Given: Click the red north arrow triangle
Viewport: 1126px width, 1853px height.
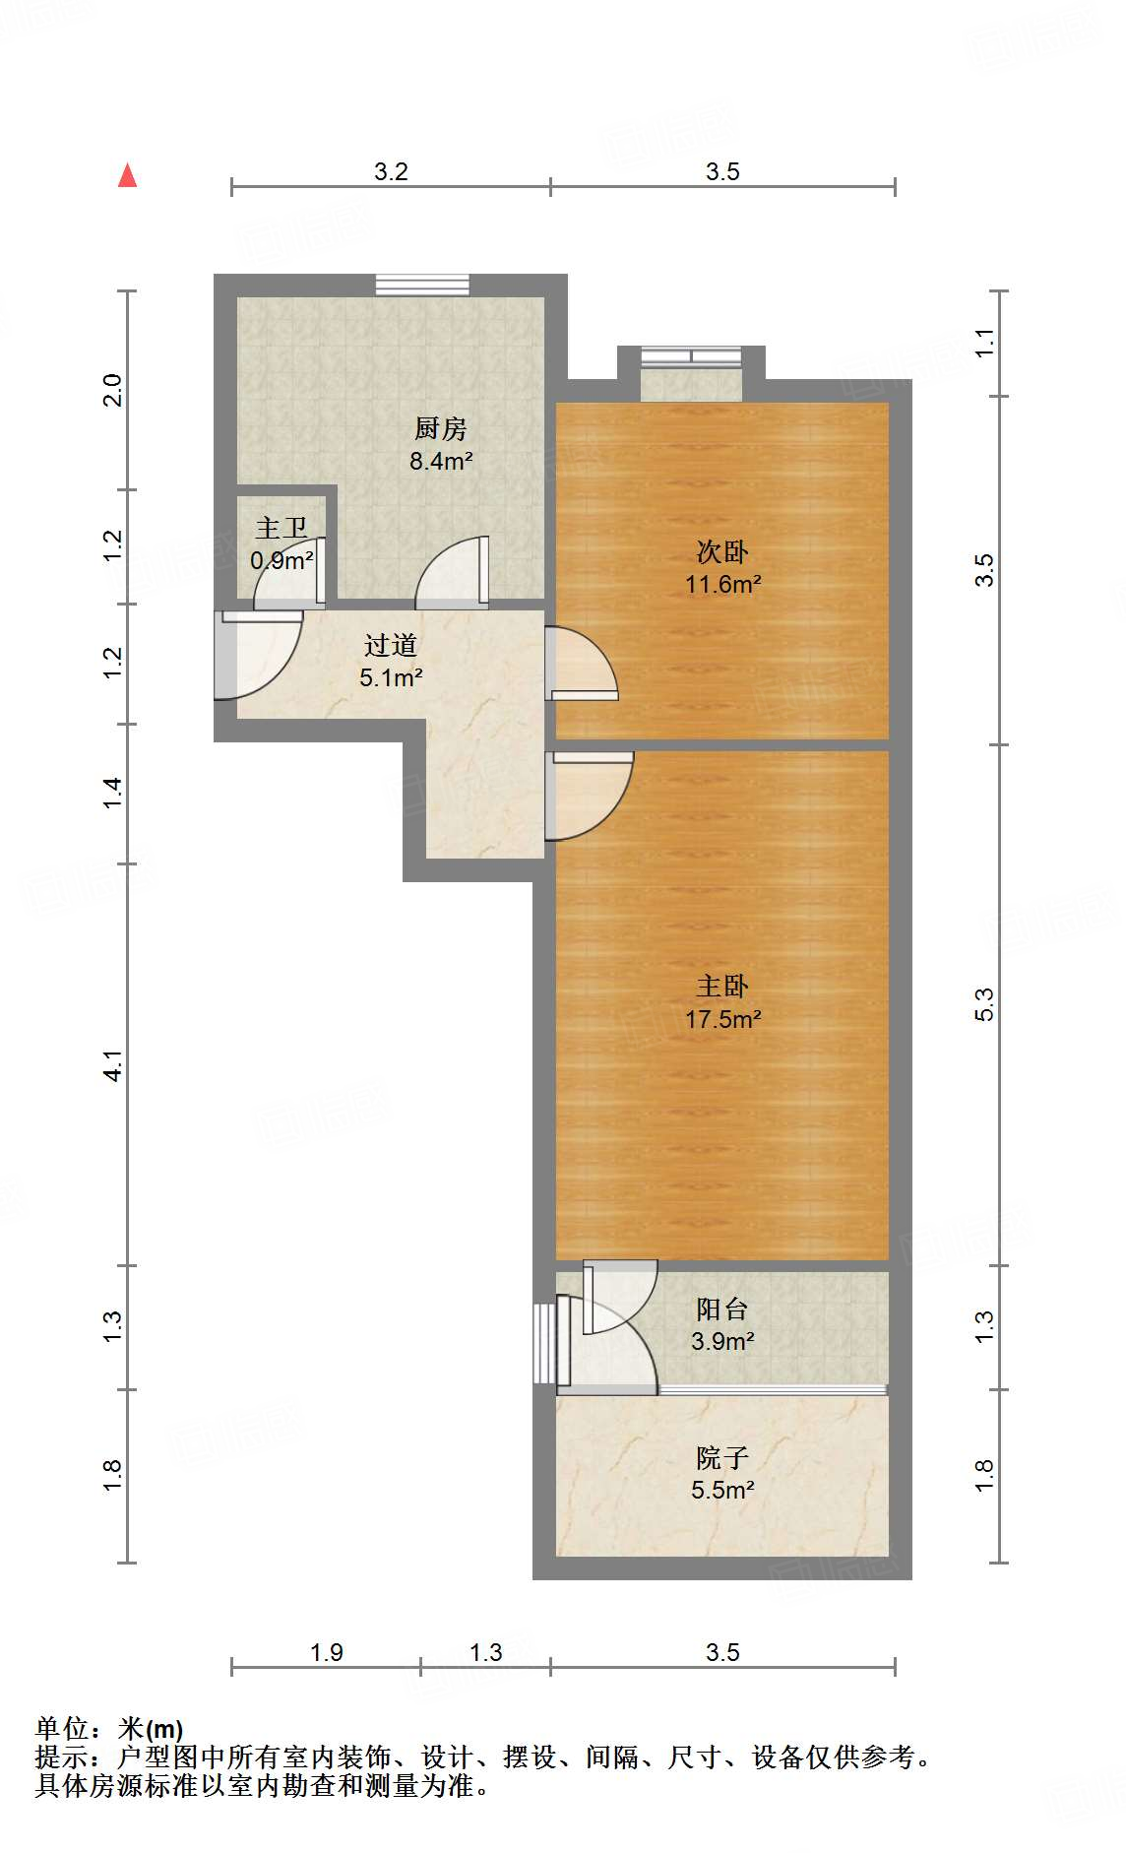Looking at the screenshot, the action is click(127, 175).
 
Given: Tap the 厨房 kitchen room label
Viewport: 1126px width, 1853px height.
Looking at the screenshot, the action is click(440, 428).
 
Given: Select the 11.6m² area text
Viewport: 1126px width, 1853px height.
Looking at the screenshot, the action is click(723, 584).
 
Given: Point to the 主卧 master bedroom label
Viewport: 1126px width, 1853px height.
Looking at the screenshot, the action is click(722, 986).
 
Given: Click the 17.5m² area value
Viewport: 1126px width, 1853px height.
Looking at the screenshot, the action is click(723, 1019).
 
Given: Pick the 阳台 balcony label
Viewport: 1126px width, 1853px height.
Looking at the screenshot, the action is click(722, 1309).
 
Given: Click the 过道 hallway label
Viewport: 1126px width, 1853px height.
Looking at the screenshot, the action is click(391, 645).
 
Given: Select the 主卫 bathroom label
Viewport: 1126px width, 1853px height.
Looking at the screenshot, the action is click(281, 528).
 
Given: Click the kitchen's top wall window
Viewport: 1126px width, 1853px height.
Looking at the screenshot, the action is click(422, 285).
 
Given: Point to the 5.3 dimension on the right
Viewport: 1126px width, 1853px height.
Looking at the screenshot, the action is click(984, 1004).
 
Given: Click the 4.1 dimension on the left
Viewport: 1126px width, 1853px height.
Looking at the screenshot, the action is click(113, 1065).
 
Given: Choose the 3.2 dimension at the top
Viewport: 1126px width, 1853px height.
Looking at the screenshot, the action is click(391, 171).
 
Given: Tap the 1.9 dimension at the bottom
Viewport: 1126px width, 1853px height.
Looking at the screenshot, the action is click(326, 1652).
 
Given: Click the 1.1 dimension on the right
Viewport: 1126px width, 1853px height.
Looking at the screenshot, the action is click(984, 343).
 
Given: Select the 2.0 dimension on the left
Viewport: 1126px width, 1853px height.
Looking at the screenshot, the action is click(113, 390).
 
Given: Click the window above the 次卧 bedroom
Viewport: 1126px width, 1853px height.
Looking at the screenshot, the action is click(691, 356).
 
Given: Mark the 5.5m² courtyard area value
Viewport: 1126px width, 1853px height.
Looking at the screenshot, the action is click(723, 1490).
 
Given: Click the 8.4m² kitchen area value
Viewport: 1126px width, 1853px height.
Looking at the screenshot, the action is click(441, 460).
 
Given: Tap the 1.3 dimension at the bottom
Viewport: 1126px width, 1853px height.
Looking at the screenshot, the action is click(485, 1652).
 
